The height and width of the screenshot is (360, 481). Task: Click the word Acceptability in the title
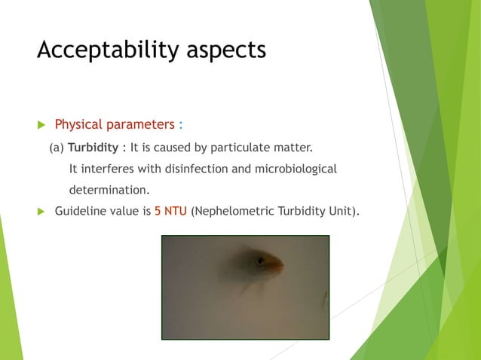pos(103,50)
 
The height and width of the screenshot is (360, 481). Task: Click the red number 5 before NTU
pos(158,211)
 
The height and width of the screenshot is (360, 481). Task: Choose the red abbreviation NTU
pos(176,211)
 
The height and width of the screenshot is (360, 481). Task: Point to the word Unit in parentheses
pos(339,211)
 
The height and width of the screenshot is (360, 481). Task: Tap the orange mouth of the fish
pos(277,265)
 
